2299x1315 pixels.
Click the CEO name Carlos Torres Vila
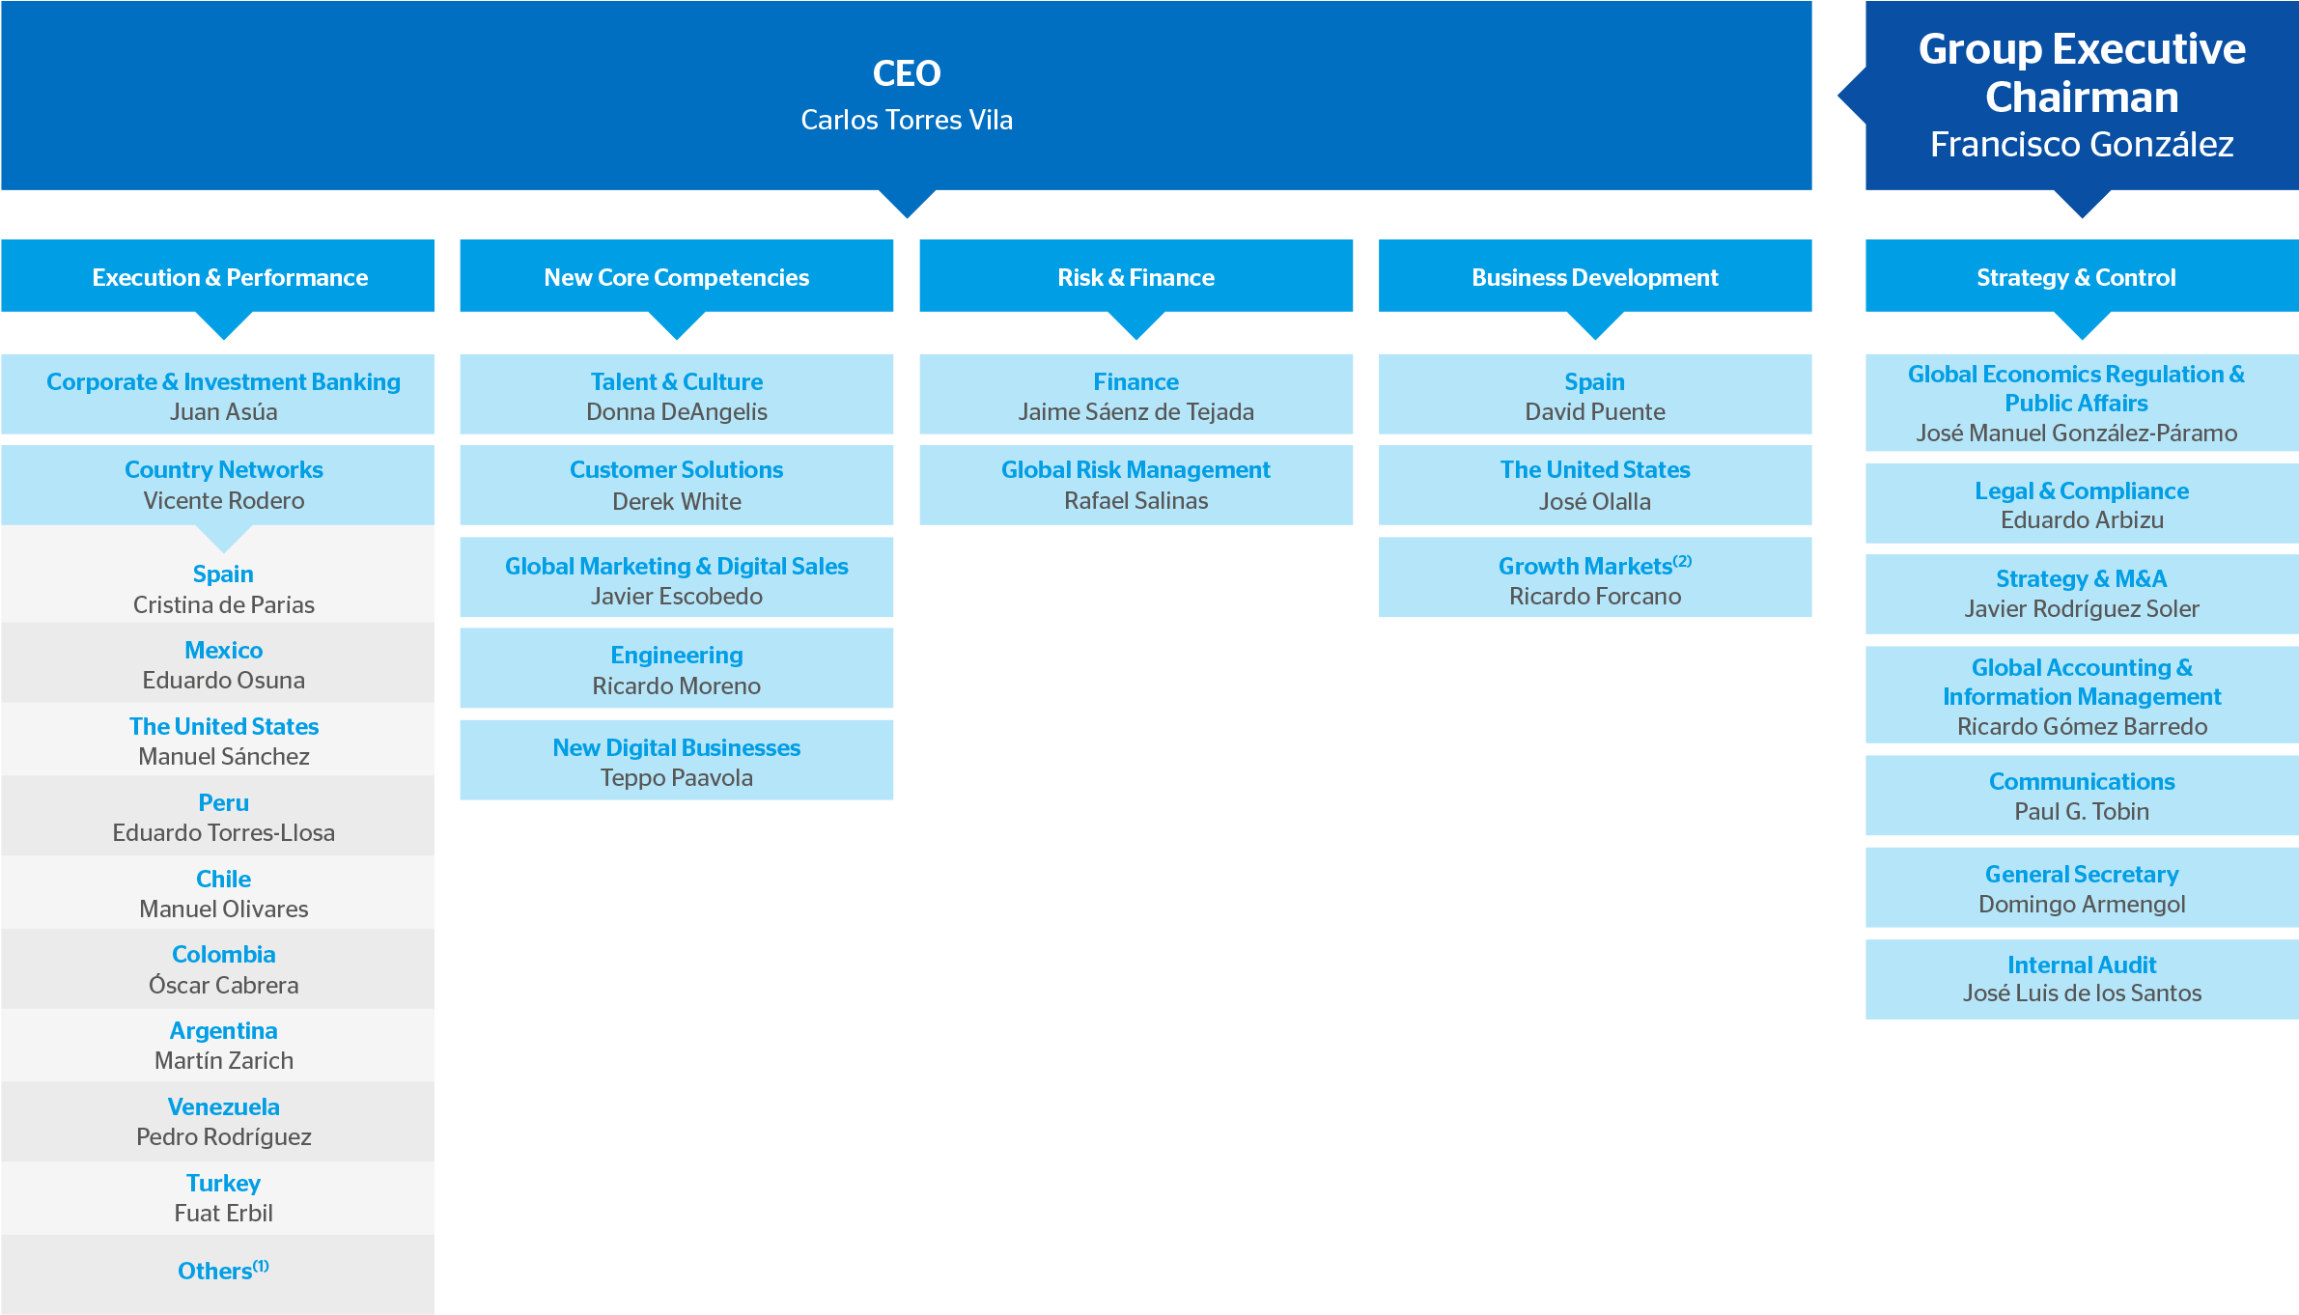pos(906,120)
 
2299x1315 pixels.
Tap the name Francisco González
pos(2081,145)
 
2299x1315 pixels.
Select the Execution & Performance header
pos(230,278)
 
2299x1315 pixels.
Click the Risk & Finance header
pos(1135,278)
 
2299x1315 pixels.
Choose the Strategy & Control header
pos(2076,278)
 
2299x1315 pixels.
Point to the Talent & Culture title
pos(676,382)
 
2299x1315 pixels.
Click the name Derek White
pos(676,501)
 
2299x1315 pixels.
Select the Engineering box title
pos(676,656)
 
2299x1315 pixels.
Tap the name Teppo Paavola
pos(676,778)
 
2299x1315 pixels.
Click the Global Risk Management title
pos(1135,470)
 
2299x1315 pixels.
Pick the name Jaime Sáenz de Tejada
pos(1135,412)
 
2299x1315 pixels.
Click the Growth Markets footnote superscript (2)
pos(1683,561)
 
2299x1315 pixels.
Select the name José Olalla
pos(1594,501)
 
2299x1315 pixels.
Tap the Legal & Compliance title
pos(2081,491)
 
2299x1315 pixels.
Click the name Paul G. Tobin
pos(2081,812)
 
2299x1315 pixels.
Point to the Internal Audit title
pos(2081,965)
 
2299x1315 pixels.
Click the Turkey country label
pos(223,1184)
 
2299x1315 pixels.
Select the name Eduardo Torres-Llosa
pos(223,833)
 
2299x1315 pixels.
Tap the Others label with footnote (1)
pos(223,1271)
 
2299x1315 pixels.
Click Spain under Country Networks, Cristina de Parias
pos(223,574)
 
